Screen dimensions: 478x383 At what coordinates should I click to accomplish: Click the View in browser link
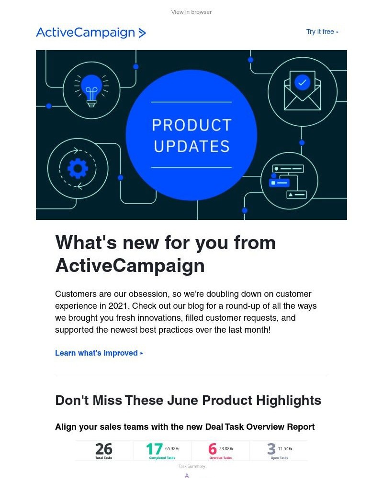tap(191, 12)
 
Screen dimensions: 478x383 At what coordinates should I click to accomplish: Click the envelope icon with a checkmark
tap(302, 91)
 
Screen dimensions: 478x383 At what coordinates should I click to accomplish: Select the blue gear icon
tap(78, 168)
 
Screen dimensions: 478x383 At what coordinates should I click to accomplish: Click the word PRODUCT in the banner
tap(191, 125)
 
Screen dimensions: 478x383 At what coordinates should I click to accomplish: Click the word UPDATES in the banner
tap(191, 146)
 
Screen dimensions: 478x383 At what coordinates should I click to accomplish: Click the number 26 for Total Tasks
tap(103, 449)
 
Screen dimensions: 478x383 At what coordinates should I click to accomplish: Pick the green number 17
tap(154, 449)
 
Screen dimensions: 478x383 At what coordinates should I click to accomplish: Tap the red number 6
tap(212, 449)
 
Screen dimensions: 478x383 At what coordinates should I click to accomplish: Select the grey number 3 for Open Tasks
tap(271, 449)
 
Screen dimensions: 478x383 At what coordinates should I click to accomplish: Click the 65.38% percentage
tap(172, 448)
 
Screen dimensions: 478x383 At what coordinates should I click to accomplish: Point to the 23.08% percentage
tap(226, 448)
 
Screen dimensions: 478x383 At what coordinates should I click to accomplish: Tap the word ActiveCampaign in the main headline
tap(130, 265)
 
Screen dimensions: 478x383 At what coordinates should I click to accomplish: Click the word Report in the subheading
tap(301, 427)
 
